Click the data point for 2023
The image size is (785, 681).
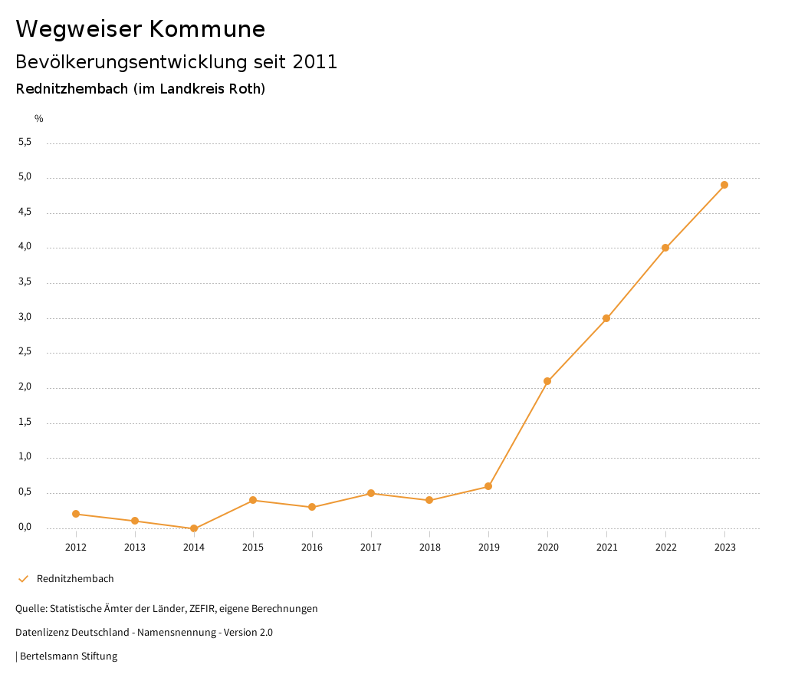(724, 185)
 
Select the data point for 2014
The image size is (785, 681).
(194, 528)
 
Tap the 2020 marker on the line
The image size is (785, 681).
(547, 381)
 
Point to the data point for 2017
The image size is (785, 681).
(371, 493)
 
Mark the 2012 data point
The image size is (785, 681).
(76, 514)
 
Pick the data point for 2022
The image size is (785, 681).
(665, 248)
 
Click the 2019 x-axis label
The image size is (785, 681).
(488, 548)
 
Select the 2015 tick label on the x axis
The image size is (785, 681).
(253, 548)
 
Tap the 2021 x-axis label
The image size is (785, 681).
(606, 548)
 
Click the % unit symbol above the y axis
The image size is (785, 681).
(39, 119)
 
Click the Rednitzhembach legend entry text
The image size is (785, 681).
(75, 579)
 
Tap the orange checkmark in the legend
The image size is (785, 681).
(23, 579)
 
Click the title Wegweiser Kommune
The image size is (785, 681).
(140, 29)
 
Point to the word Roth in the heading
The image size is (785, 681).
(244, 89)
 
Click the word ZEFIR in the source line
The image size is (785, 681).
(202, 609)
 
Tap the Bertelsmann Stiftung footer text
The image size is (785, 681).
(68, 656)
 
